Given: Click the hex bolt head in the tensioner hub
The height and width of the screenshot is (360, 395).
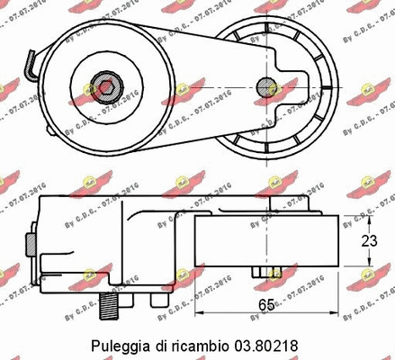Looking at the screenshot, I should [106, 88].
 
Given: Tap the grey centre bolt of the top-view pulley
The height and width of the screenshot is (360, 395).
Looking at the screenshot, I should [265, 87].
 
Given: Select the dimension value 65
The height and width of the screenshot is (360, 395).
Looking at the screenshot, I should [266, 304].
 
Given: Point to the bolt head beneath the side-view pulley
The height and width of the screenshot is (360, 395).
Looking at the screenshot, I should [266, 271].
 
